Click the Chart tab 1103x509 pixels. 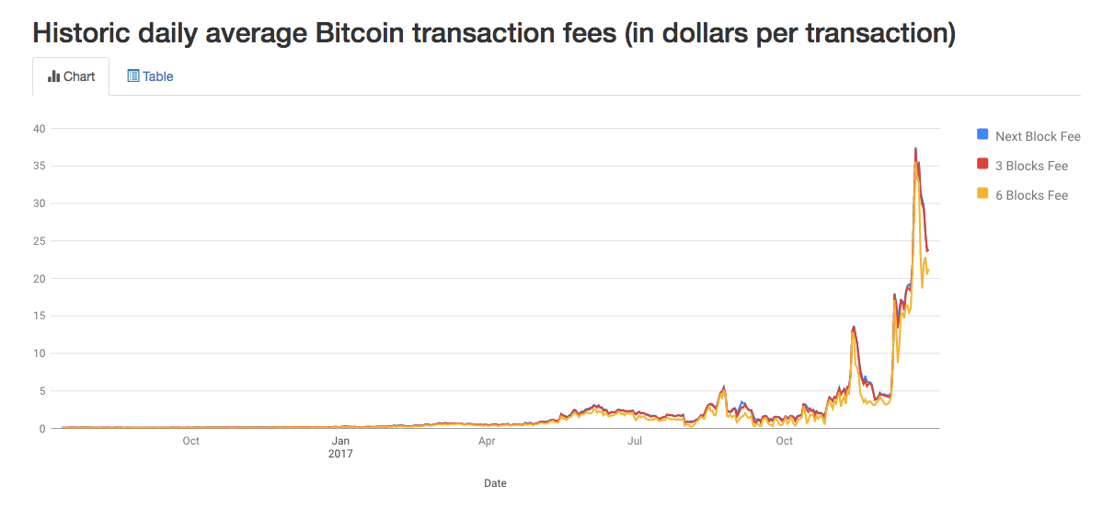coord(71,76)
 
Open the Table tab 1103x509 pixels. coord(150,76)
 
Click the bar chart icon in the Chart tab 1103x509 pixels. coord(53,76)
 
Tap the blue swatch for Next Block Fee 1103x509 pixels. coord(982,135)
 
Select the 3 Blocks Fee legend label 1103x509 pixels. coord(1031,166)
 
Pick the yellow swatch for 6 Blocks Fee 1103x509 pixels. coord(982,194)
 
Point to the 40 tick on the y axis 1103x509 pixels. coord(40,128)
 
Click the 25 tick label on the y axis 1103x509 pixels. coord(40,241)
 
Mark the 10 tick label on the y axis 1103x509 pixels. coord(40,353)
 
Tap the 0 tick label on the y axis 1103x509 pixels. coord(42,429)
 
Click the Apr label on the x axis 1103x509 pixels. coord(487,442)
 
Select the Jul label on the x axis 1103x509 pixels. coord(635,442)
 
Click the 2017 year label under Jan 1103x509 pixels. coord(340,454)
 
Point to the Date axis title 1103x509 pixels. coord(495,483)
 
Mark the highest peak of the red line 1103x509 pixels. coord(915,148)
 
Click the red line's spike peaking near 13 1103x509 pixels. coord(855,327)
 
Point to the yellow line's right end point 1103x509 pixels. coord(928,271)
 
